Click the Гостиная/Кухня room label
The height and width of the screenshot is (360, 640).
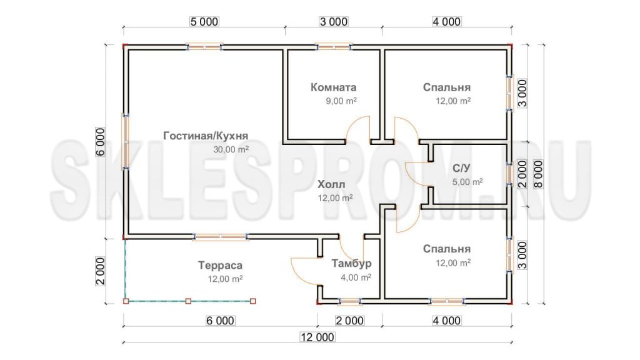click(x=206, y=136)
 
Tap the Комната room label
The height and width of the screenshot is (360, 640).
click(x=334, y=87)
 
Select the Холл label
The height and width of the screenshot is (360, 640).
click(x=331, y=184)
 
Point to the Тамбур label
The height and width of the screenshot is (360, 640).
click(x=351, y=263)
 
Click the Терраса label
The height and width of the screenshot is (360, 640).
click(x=221, y=265)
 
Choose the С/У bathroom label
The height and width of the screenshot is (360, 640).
click(x=462, y=168)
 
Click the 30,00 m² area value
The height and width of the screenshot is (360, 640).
click(x=231, y=149)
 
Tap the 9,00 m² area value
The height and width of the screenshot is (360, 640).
click(x=341, y=101)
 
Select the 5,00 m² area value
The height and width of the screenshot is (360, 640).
click(x=467, y=182)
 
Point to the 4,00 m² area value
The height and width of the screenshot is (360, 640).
click(x=356, y=277)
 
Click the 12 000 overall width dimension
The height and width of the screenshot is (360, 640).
click(x=317, y=337)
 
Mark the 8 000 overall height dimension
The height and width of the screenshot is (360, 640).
click(x=539, y=174)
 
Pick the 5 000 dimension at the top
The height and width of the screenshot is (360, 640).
click(x=204, y=22)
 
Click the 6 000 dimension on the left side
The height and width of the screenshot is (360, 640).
click(x=101, y=142)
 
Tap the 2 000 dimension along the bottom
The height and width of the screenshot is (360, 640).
click(x=350, y=321)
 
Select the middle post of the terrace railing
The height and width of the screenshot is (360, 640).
click(x=188, y=301)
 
